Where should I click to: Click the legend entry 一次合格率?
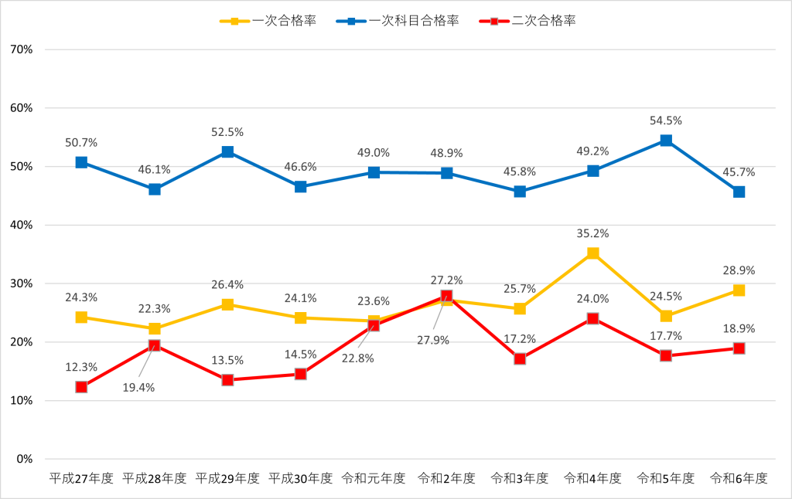click(268, 21)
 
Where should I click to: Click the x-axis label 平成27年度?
click(81, 478)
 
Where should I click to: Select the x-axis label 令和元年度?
click(374, 478)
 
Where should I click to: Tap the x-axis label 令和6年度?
click(739, 478)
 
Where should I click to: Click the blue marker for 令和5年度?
click(666, 141)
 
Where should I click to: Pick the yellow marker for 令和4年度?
click(593, 253)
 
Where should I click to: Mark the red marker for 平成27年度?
click(81, 387)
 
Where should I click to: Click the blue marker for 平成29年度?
click(227, 152)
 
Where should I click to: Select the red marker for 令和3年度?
click(520, 358)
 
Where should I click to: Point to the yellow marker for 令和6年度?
click(739, 290)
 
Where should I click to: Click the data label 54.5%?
click(666, 121)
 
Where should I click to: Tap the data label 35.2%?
click(593, 233)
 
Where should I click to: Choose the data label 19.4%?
click(139, 388)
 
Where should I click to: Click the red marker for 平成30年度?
click(301, 374)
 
